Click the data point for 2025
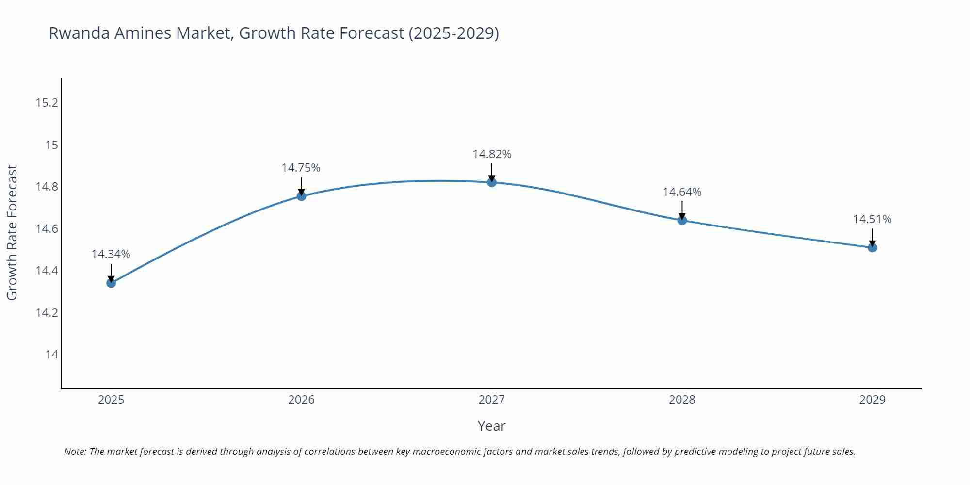(x=111, y=283)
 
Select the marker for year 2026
(x=301, y=196)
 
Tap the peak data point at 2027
(x=492, y=182)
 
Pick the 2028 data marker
(x=682, y=220)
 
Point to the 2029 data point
(x=872, y=247)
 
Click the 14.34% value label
(x=111, y=254)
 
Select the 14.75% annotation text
(x=301, y=168)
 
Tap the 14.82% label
(x=492, y=154)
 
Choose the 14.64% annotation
(x=682, y=192)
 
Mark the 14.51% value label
(x=872, y=219)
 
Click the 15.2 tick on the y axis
(x=47, y=103)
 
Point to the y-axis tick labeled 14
(x=51, y=355)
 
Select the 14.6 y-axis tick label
(x=47, y=228)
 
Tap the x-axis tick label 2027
(x=492, y=400)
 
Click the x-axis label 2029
(x=872, y=400)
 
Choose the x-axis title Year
(x=491, y=426)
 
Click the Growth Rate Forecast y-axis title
(x=12, y=232)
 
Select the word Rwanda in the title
(x=79, y=33)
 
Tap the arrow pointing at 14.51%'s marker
(x=872, y=238)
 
